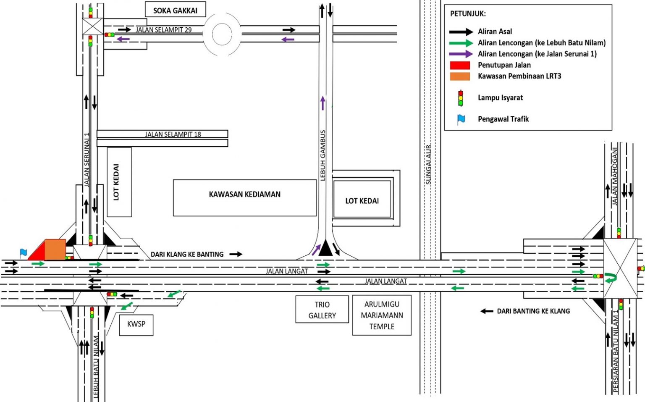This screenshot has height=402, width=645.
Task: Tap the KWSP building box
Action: click(x=136, y=324)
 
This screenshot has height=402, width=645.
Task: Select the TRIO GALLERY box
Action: click(x=322, y=310)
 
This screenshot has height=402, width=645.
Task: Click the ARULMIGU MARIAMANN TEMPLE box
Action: click(x=382, y=315)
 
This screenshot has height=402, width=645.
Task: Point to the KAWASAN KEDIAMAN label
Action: click(x=245, y=194)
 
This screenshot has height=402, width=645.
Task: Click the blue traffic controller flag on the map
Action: click(x=24, y=252)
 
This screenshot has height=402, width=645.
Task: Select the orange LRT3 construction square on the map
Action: click(x=55, y=250)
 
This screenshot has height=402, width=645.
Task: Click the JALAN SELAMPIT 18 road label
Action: click(x=173, y=134)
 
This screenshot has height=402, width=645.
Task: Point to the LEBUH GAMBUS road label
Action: click(x=323, y=155)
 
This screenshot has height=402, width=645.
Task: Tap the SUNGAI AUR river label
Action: click(x=428, y=165)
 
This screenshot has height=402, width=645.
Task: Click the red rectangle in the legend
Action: click(x=460, y=65)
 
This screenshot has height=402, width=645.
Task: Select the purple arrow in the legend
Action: click(x=461, y=54)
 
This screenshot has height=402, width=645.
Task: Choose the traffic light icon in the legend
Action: click(x=461, y=98)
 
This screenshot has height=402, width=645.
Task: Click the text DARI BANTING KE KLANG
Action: click(x=533, y=311)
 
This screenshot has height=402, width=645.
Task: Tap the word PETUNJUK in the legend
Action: click(x=468, y=14)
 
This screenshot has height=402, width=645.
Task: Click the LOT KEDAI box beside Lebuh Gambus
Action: click(x=362, y=201)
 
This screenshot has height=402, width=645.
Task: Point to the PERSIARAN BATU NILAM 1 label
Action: click(x=616, y=351)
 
